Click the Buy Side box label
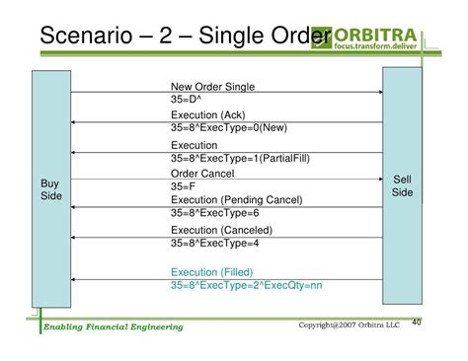coord(49,191)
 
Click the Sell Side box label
coord(402,185)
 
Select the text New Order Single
coord(211,87)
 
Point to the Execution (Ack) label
coord(207,115)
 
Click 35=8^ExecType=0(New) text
coord(228,128)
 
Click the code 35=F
coord(184,185)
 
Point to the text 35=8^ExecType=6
coord(214,213)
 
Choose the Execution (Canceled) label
coord(220,230)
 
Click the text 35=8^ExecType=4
coord(214,243)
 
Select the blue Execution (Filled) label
coord(211,271)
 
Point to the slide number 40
coord(416,321)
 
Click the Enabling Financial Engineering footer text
coord(113,326)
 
